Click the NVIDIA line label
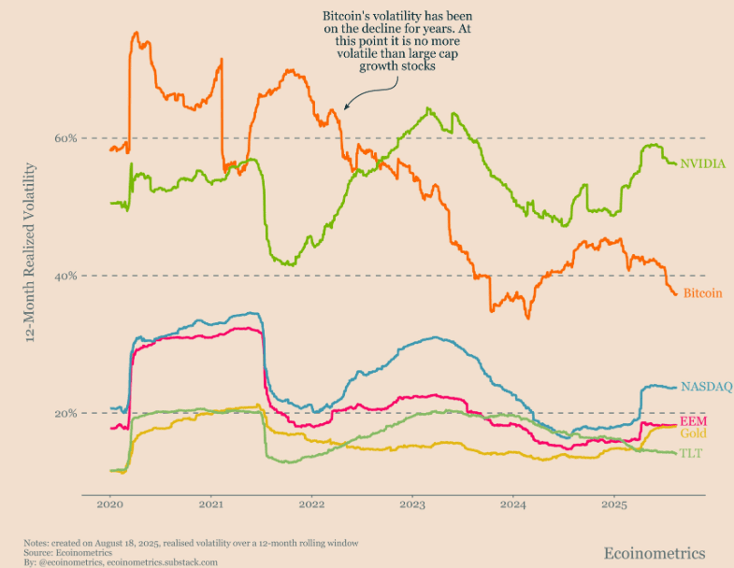pos(703,163)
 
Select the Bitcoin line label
pos(702,293)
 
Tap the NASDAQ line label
pos(706,386)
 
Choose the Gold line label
pos(693,434)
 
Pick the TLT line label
pos(692,454)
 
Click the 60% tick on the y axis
pos(65,138)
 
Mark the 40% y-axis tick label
pos(65,276)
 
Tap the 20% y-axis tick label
pos(65,414)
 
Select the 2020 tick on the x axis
pos(110,504)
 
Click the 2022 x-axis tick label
pos(311,504)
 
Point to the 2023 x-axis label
pos(412,504)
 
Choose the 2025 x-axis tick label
pos(613,504)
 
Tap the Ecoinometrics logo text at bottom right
pos(655,553)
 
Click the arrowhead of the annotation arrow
pos(345,108)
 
